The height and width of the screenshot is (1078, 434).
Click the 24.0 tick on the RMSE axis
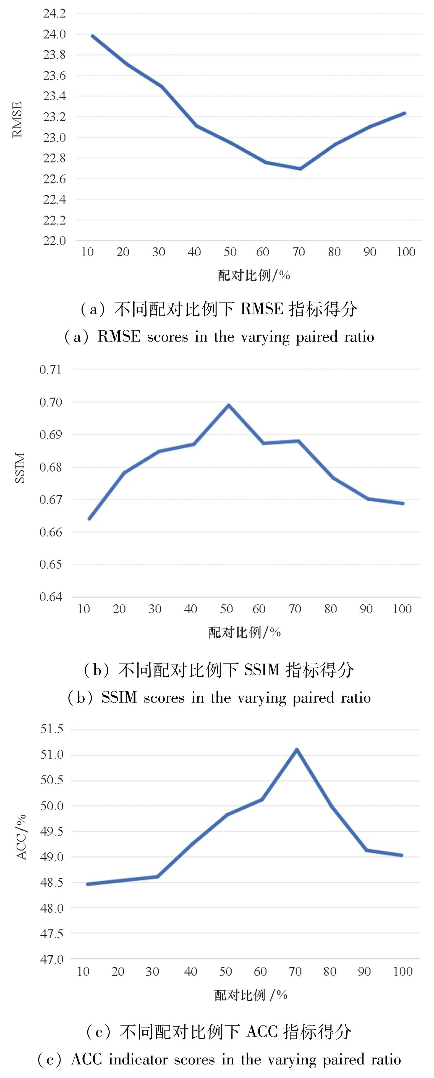[54, 34]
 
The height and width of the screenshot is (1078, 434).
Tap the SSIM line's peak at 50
[229, 405]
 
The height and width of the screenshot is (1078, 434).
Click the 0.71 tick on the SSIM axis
[50, 370]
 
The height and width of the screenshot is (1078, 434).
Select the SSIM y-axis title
[20, 467]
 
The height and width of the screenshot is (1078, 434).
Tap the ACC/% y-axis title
[21, 837]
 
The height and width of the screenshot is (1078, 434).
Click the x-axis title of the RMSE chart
[254, 275]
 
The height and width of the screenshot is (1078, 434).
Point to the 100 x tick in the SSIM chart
[402, 609]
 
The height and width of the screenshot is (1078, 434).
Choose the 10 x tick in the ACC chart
[83, 971]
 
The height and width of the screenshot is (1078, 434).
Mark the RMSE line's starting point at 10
[92, 36]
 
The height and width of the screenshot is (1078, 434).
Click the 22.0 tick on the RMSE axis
[54, 241]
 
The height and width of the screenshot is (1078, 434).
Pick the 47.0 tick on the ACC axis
[51, 959]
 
